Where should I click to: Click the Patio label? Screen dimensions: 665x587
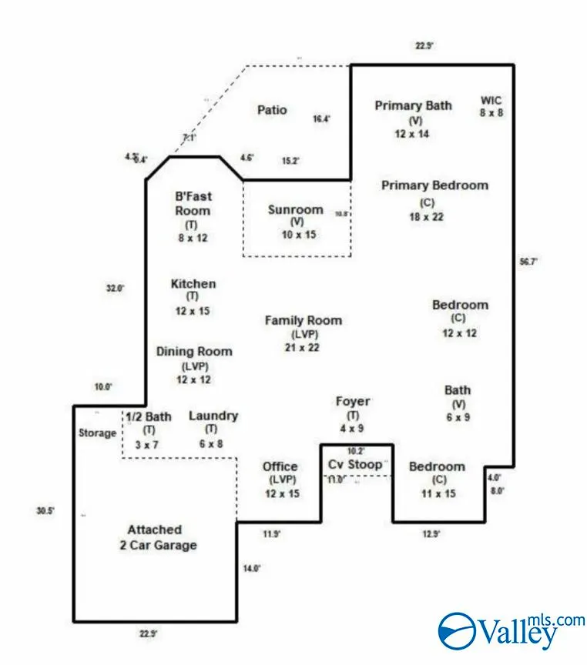(272, 110)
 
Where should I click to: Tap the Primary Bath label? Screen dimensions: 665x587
(413, 105)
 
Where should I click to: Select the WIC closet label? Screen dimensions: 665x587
(491, 100)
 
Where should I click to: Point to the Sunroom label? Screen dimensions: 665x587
(295, 209)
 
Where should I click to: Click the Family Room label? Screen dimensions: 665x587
(304, 320)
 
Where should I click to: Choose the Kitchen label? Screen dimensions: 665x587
(193, 284)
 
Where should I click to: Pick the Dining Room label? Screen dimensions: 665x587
(194, 352)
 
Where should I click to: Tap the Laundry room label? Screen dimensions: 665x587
(213, 416)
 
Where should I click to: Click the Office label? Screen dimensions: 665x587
(280, 466)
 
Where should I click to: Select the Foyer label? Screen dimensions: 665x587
(353, 401)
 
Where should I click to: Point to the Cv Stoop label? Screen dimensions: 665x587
(354, 464)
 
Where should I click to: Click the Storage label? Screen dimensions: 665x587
(98, 433)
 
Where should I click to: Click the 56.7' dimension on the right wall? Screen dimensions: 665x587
(528, 262)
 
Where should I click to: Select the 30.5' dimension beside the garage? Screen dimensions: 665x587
(45, 510)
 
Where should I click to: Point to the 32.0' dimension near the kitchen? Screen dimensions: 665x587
(115, 288)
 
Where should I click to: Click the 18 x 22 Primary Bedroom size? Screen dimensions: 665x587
(426, 216)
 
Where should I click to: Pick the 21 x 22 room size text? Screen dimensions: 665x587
(302, 347)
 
